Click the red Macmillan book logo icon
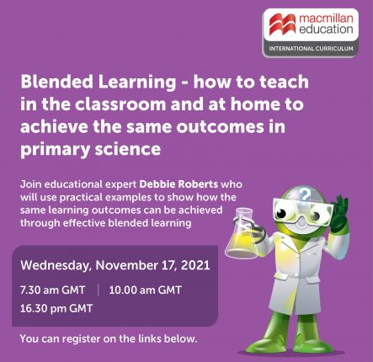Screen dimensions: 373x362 tap(283, 24)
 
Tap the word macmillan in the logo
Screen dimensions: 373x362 tap(326, 19)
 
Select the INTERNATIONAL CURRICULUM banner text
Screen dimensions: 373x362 tap(311, 49)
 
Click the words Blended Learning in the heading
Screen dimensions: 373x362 tap(99, 83)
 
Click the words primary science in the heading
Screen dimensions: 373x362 tap(90, 149)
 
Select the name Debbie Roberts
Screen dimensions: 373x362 tap(179, 184)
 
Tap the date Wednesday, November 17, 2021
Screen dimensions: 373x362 tap(115, 265)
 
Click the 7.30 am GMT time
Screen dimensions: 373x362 tap(52, 290)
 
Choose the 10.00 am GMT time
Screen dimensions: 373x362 tap(146, 290)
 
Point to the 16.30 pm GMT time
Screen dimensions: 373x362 tap(56, 309)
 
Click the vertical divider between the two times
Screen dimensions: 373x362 tap(99, 290)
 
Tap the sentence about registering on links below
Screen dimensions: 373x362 tap(109, 338)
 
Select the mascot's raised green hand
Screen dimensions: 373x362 tap(338, 213)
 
